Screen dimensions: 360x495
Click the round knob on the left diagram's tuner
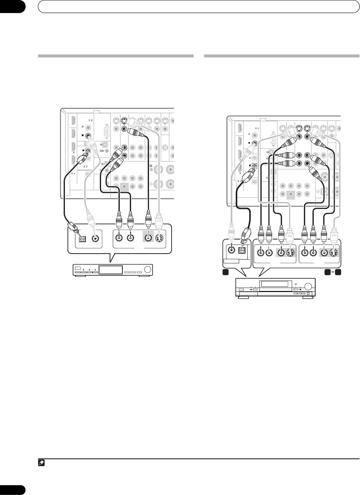coord(148,270)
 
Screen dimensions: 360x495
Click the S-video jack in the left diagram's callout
coord(161,237)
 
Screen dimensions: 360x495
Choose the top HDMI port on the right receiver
coord(239,129)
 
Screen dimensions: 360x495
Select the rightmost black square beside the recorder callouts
coord(338,272)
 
